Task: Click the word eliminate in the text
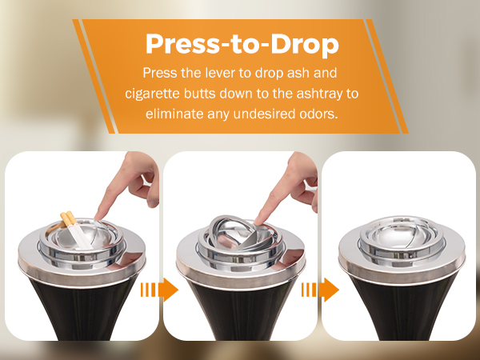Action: pos(174,114)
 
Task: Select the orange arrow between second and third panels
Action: pos(320,289)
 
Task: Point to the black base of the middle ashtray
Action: pos(240,308)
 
